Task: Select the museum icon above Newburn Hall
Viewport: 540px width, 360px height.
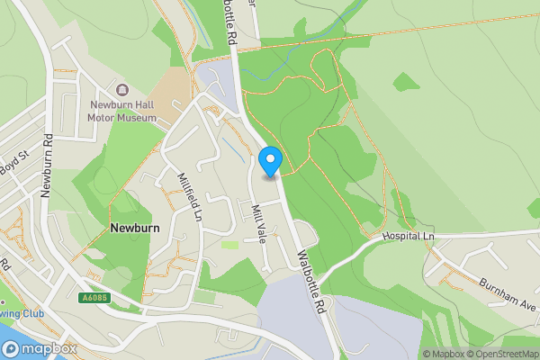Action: tap(122, 89)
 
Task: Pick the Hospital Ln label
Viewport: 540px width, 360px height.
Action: tap(408, 235)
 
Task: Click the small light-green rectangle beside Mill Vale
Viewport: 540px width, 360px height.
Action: tap(230, 244)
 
